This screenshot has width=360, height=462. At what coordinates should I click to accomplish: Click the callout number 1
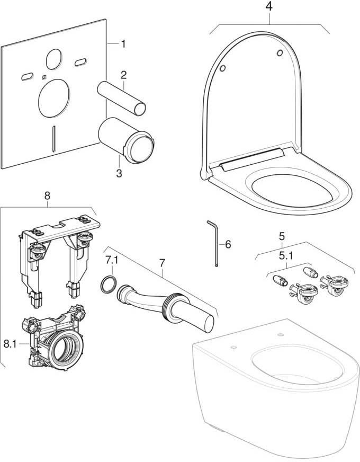click(x=123, y=44)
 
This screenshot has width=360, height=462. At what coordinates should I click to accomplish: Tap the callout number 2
click(x=124, y=75)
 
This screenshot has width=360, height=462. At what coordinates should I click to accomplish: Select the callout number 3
click(x=119, y=173)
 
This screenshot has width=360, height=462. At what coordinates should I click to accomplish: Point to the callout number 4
click(x=269, y=6)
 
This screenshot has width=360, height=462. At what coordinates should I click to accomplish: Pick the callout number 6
click(x=228, y=244)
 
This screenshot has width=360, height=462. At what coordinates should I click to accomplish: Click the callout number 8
click(x=48, y=196)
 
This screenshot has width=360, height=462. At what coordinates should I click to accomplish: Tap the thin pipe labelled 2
click(x=122, y=98)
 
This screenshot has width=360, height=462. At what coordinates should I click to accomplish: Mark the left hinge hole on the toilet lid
click(x=223, y=68)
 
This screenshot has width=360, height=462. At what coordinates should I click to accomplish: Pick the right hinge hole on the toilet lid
click(x=280, y=53)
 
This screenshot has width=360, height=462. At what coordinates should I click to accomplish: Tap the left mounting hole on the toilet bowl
click(x=234, y=347)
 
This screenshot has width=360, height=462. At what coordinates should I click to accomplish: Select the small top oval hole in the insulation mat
click(x=54, y=59)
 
